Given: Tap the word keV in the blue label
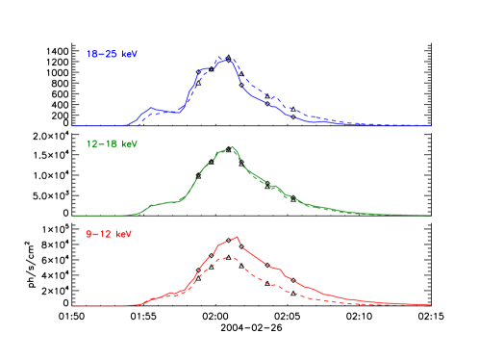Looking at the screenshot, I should coord(128,55).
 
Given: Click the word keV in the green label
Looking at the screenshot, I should coord(129,143).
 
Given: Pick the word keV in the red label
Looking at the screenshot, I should coord(123,234).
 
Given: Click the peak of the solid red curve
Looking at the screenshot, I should coord(237,236).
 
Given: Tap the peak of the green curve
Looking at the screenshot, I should coord(232,147).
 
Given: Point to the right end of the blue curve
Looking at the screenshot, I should coord(431,126).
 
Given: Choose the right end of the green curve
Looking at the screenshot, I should coord(431,216).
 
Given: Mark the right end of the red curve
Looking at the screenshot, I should coord(431,306).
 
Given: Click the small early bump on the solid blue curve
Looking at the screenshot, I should coord(152,108).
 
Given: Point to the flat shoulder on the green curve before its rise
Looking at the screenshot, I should coord(168,202).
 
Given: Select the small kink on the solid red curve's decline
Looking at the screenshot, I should coord(279,269).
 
